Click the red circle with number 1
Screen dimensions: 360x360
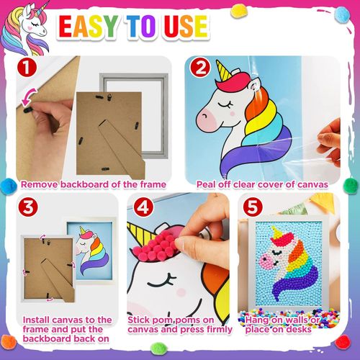27,67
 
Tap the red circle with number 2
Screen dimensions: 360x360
200,68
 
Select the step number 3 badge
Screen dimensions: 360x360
28,207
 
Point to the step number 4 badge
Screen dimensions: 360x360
143,207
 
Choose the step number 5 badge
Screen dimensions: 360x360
253,207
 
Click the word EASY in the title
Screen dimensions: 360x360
89,27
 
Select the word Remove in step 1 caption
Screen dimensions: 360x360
40,184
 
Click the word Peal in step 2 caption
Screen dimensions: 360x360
206,184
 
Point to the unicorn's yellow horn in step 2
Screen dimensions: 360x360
224,70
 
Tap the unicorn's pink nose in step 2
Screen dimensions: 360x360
206,119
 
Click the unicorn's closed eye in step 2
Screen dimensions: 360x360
225,104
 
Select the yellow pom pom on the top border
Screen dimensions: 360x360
238,12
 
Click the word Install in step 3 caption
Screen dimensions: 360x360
36,320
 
